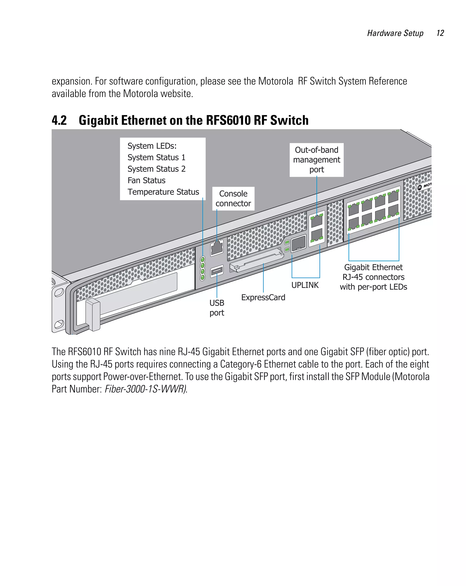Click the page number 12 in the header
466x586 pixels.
440,33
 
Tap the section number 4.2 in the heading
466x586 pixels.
59,120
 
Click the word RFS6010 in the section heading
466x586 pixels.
228,120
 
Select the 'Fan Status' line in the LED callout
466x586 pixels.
147,180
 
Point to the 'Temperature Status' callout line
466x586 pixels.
163,192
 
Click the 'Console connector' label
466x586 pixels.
233,199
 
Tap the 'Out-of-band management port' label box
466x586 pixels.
316,160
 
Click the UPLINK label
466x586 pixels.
305,285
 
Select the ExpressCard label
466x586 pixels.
263,297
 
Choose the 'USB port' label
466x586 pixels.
217,308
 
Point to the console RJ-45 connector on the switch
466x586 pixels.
217,248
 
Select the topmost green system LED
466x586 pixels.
203,259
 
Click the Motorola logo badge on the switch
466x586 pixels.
423,186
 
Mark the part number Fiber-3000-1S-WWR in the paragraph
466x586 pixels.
146,389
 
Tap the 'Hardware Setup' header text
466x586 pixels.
395,33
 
